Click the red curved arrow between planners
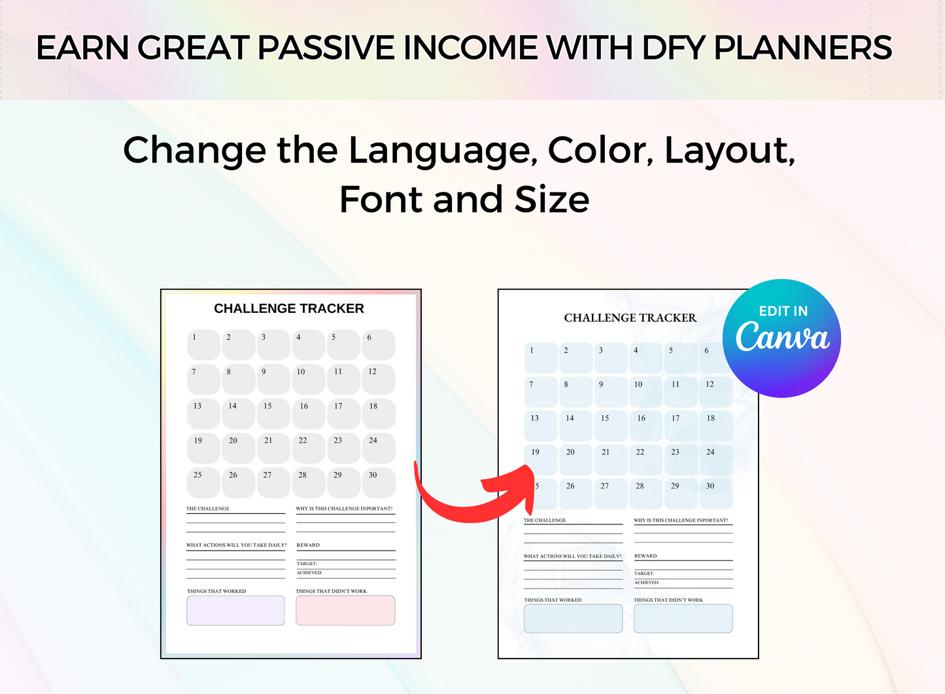point(471,498)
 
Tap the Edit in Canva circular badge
point(782,338)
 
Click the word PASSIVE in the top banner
point(326,48)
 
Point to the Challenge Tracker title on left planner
point(289,308)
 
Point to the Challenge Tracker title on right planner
point(630,318)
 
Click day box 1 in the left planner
point(203,345)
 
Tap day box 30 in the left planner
point(379,483)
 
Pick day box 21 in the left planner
point(273,448)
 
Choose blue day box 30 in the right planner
point(715,494)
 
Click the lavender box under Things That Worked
point(235,610)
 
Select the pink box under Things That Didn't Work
point(345,610)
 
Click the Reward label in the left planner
point(308,545)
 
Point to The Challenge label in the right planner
point(545,520)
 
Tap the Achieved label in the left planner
point(309,573)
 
